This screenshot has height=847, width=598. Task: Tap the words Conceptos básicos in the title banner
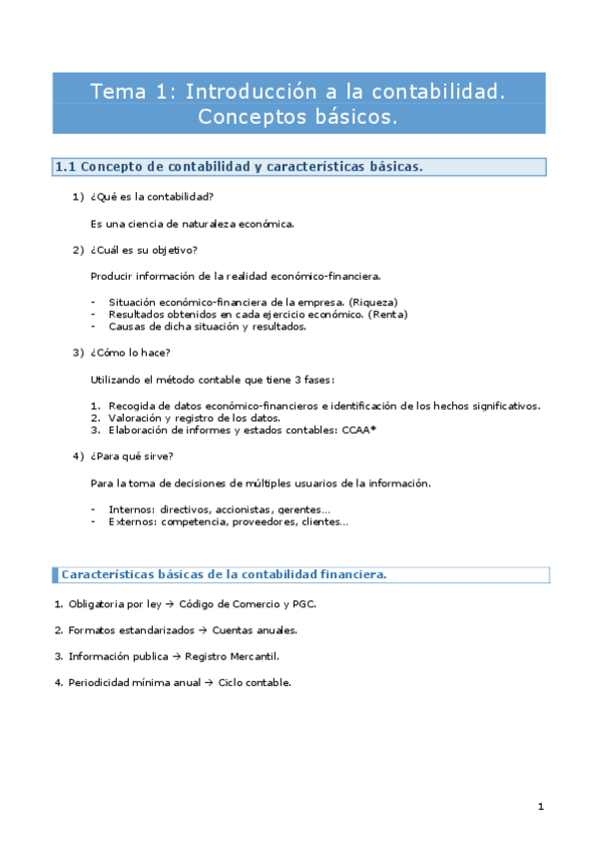[x=298, y=117]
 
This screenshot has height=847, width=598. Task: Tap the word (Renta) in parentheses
[x=388, y=314]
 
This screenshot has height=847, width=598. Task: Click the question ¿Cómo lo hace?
[x=130, y=353]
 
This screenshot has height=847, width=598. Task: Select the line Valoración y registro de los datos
[x=195, y=418]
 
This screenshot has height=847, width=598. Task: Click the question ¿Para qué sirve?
[x=132, y=456]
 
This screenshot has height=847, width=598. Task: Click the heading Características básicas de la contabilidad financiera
[x=224, y=574]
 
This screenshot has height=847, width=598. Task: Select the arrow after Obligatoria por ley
[x=170, y=604]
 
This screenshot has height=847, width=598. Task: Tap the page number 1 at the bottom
[x=540, y=806]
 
